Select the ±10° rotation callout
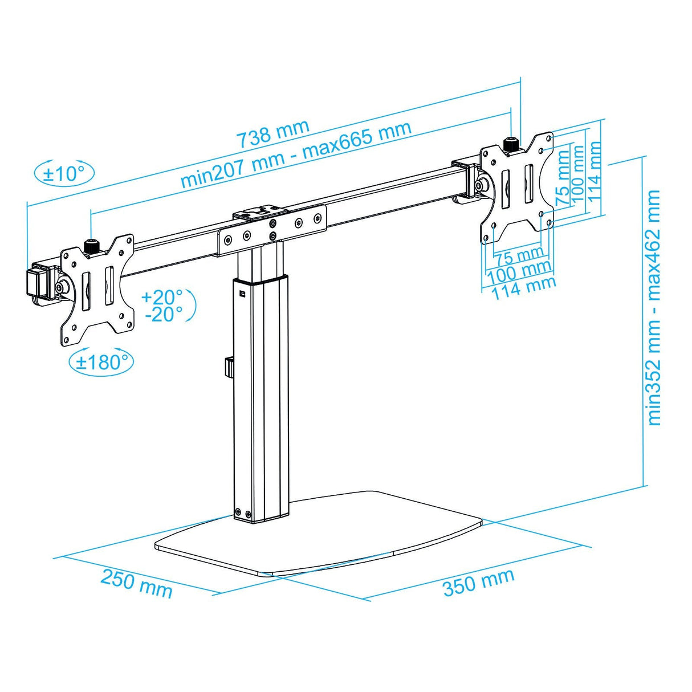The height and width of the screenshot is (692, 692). (64, 173)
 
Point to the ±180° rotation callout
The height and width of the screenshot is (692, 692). (101, 362)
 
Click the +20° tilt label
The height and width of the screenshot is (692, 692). (162, 297)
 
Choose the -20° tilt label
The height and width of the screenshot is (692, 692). (164, 314)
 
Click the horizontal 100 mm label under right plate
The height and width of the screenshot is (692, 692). (519, 272)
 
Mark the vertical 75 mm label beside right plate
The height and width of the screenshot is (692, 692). (563, 177)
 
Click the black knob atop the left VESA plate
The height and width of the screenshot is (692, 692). (91, 247)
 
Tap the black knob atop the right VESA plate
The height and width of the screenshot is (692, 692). (512, 145)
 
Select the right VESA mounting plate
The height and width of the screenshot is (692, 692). (516, 188)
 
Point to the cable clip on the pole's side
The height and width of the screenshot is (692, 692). (229, 367)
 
